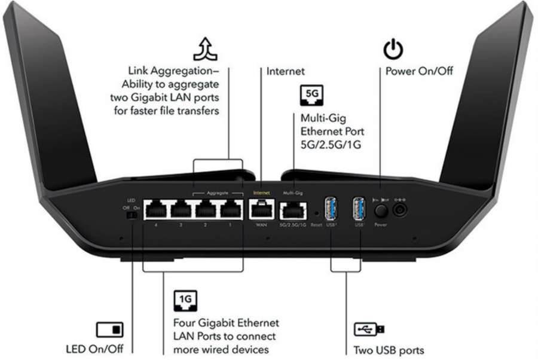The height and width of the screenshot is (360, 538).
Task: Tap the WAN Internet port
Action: click(262, 209)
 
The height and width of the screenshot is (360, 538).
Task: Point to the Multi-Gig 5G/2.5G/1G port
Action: click(293, 210)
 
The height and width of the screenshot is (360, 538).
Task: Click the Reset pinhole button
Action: click(316, 212)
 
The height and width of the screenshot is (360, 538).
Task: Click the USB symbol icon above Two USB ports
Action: click(369, 329)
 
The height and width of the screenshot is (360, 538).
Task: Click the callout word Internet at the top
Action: click(286, 71)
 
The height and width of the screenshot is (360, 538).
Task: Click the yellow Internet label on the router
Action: click(262, 193)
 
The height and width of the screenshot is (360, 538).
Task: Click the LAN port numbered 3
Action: click(181, 209)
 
